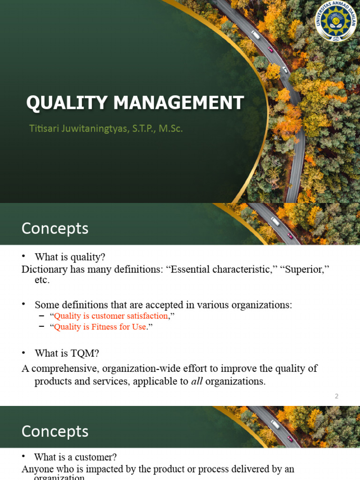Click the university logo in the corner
click(336, 21)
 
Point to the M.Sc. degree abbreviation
click(171, 128)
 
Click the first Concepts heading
click(55, 228)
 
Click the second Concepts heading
click(55, 431)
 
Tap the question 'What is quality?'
click(70, 257)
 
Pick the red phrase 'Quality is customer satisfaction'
click(111, 316)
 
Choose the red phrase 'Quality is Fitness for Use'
click(100, 327)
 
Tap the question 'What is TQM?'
click(67, 353)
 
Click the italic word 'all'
click(197, 381)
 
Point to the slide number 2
click(337, 396)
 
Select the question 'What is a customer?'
click(75, 457)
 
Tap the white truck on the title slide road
click(255, 35)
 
